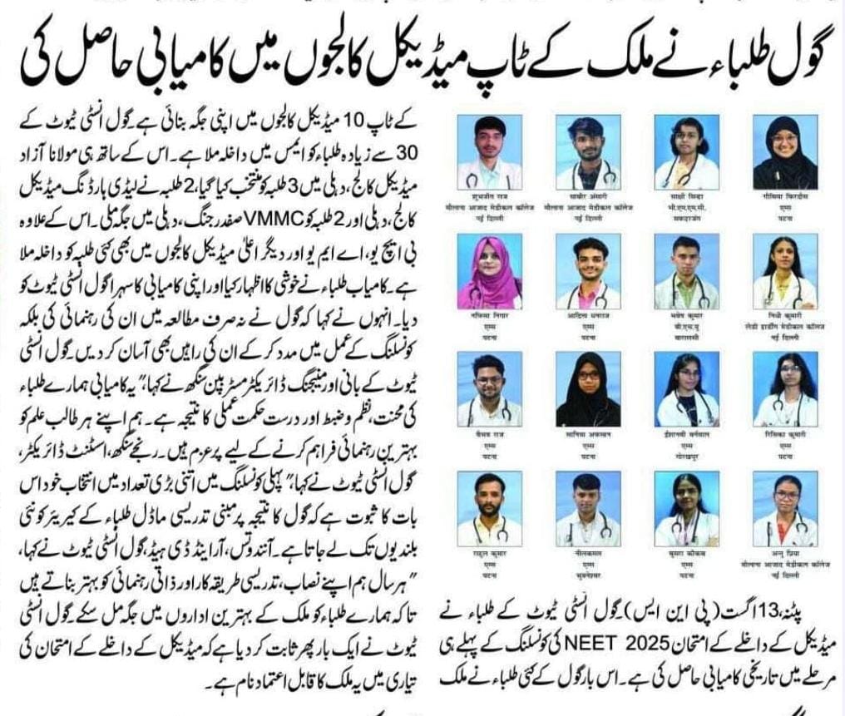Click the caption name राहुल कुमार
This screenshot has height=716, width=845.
coord(489,552)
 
